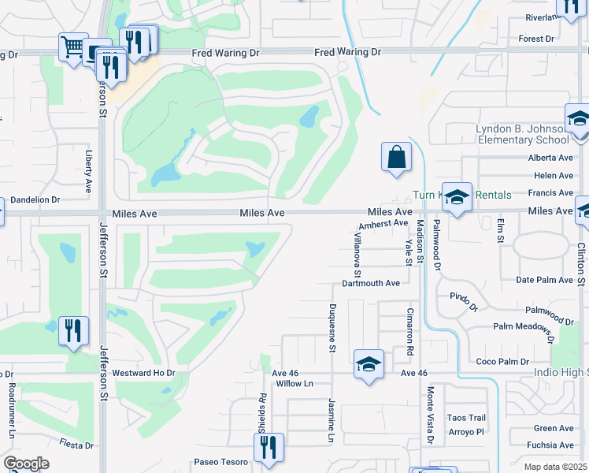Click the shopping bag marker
(397, 156)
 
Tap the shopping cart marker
(72, 47)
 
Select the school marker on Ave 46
(368, 364)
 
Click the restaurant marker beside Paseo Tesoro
(270, 449)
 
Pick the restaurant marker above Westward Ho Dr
(73, 331)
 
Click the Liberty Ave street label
(87, 170)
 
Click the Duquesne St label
(332, 326)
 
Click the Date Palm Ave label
(543, 280)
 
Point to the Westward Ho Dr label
(143, 372)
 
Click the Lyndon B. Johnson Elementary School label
(521, 134)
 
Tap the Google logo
(26, 464)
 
